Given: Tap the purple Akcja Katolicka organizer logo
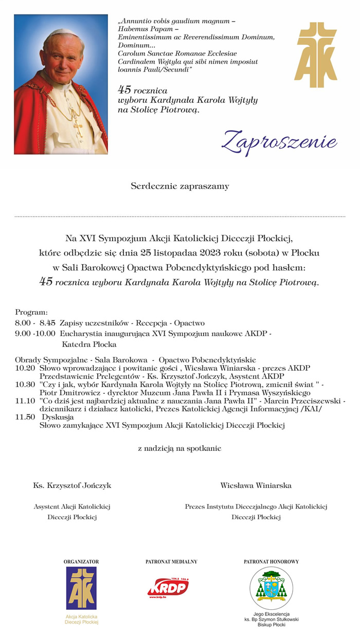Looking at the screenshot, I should tap(81, 588).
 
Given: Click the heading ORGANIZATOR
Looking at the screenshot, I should tap(81, 562).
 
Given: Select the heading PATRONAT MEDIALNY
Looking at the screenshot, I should tap(171, 562).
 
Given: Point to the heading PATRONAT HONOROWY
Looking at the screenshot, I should tap(271, 562).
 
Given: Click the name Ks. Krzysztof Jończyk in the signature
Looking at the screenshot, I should tap(72, 485).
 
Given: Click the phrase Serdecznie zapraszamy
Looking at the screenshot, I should tap(179, 186).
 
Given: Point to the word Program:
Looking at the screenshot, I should tap(31, 312).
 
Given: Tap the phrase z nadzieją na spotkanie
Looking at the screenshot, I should tap(179, 448).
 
